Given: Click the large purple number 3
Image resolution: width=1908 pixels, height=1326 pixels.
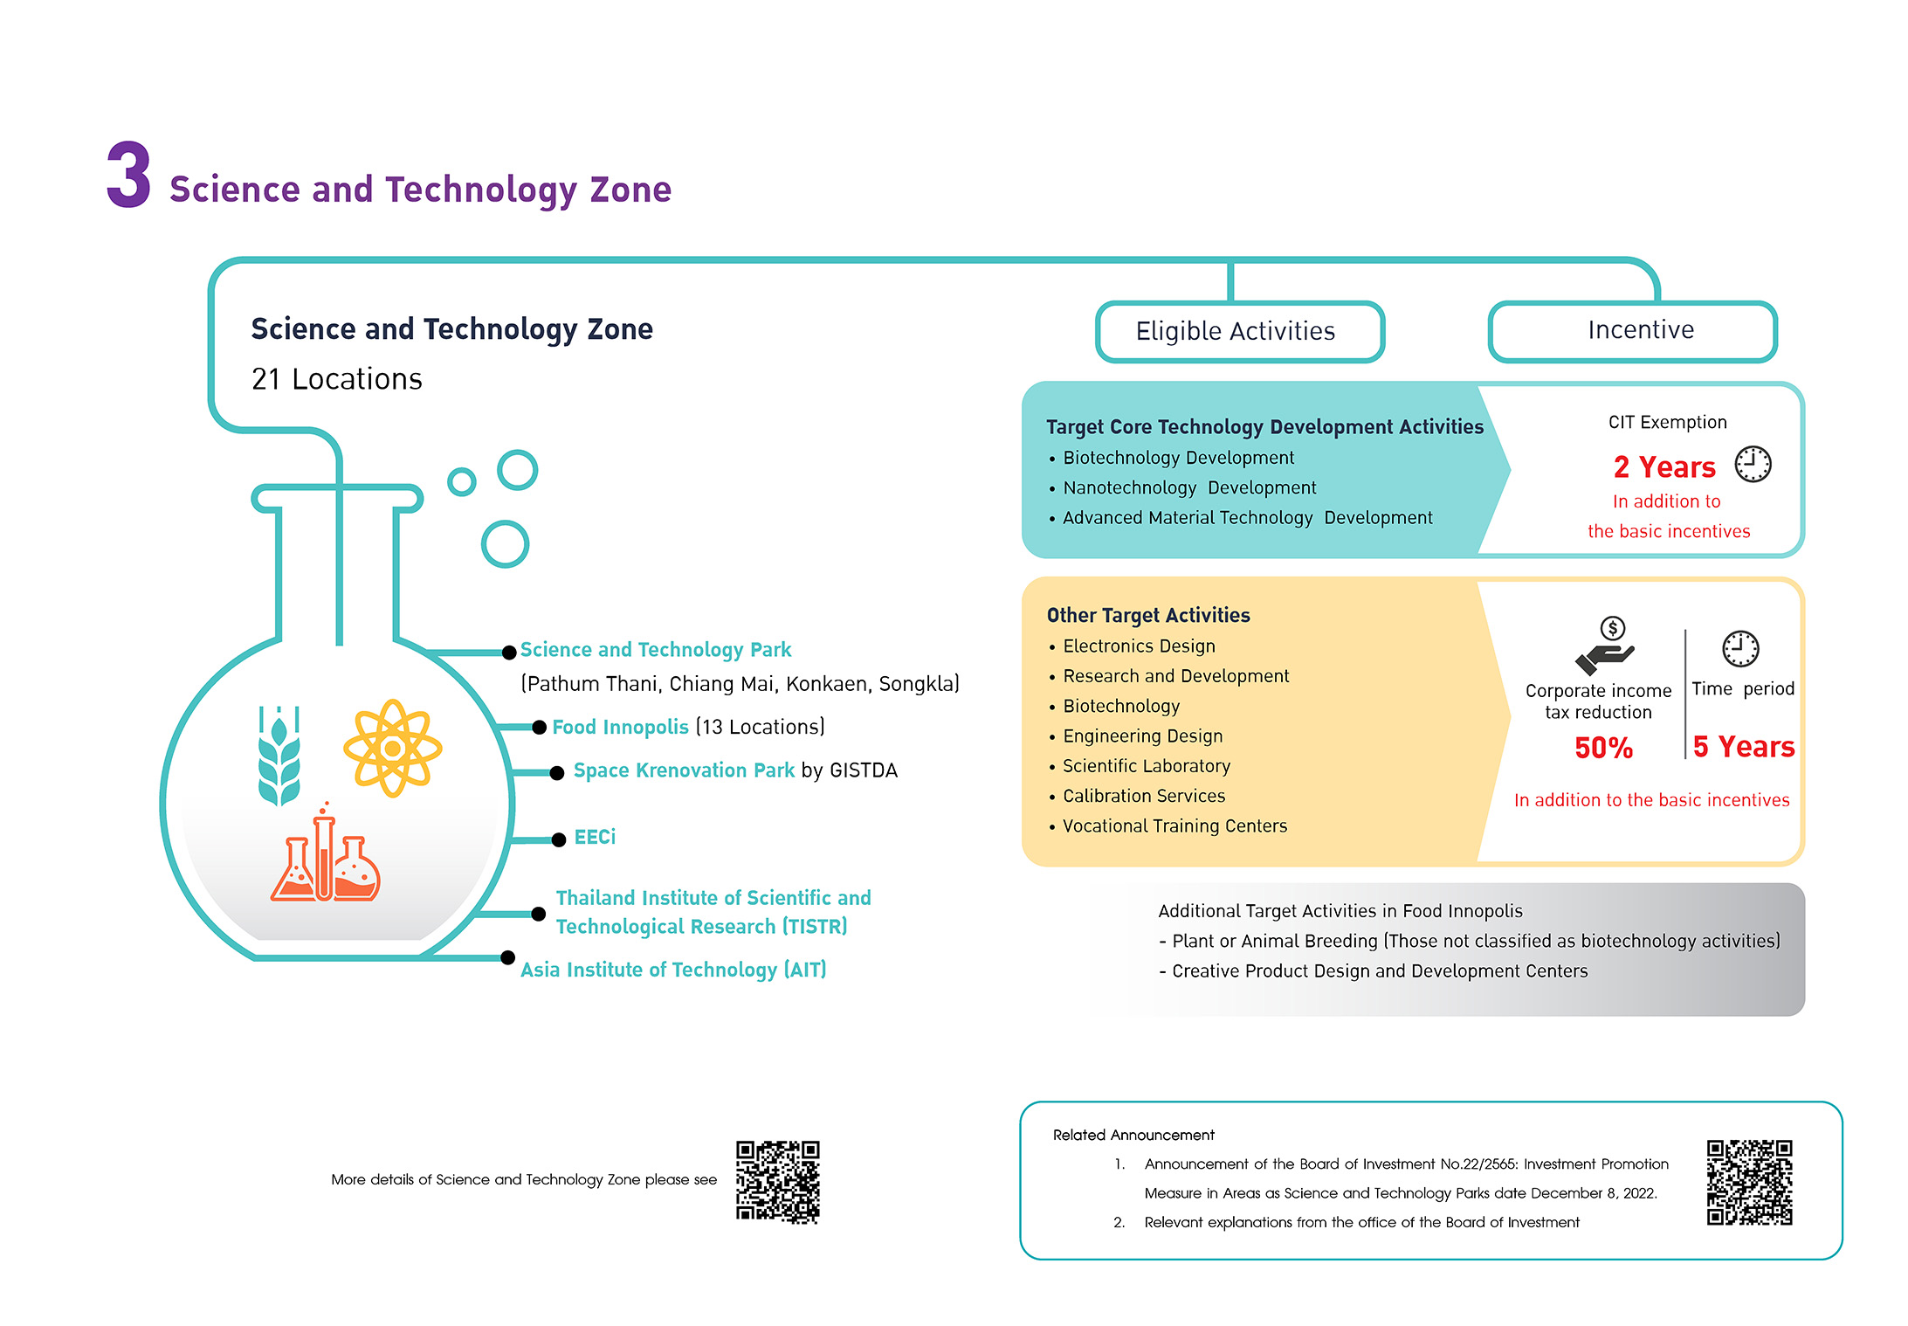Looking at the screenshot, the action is [129, 175].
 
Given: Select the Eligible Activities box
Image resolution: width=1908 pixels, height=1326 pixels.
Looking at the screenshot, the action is [1239, 331].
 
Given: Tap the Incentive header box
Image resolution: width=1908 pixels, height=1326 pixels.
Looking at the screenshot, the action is [1632, 330].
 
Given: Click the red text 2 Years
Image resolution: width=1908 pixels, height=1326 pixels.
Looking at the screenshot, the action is [1664, 467].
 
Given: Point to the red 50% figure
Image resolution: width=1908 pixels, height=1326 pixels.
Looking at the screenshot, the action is [1603, 748].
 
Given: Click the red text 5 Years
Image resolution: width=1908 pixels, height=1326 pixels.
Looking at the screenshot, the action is [1744, 747].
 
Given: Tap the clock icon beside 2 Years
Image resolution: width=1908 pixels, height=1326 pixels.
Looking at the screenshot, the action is [1753, 464].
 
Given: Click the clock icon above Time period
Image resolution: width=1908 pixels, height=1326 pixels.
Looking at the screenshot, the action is [1740, 649].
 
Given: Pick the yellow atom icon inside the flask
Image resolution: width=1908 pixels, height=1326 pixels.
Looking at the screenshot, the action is [393, 748].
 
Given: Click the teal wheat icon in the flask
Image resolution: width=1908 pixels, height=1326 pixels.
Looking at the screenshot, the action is [279, 755].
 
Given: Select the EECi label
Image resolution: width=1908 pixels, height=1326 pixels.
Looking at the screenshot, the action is [595, 838].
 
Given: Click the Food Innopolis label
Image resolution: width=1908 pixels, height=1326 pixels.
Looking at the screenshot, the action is [620, 727].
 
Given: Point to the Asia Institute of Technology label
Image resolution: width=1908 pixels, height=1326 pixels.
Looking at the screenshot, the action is [673, 970].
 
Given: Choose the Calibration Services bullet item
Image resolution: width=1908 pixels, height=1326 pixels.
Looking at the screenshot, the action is [1144, 796].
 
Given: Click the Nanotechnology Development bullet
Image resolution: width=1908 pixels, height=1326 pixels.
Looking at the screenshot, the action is [1189, 487].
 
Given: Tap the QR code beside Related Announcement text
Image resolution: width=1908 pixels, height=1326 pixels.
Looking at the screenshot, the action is [1750, 1182].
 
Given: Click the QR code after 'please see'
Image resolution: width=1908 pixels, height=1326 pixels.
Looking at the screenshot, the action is [778, 1182].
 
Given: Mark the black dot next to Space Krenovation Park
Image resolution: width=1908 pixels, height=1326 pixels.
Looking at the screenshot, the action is [556, 772].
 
